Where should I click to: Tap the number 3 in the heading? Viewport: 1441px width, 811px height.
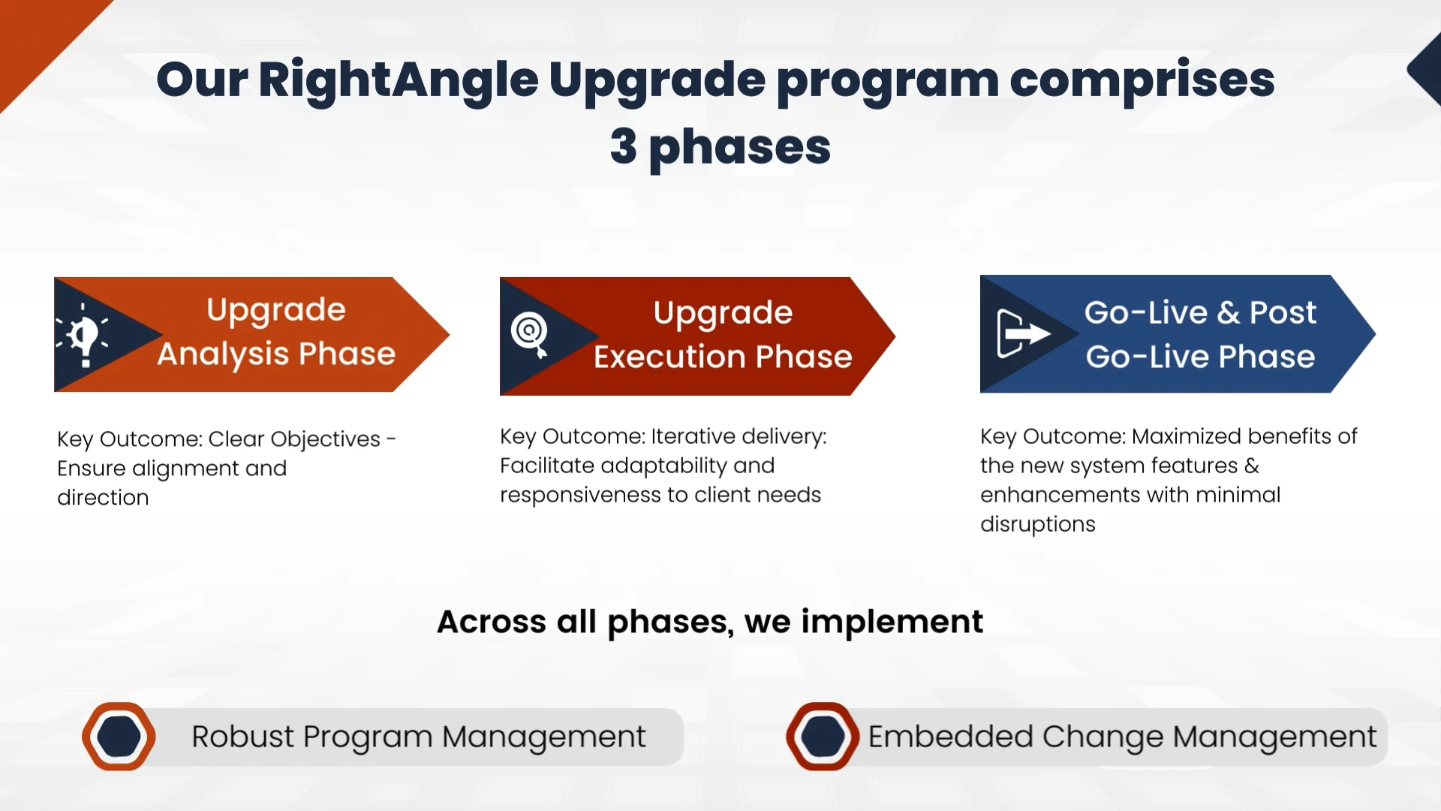[x=624, y=146]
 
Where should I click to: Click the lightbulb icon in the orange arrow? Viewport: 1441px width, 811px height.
[x=83, y=336]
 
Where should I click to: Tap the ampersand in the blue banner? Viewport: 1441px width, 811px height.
[x=1228, y=312]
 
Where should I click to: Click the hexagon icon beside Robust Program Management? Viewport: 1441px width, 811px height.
[x=119, y=737]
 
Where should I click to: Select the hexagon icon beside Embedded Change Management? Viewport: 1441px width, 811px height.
[x=823, y=737]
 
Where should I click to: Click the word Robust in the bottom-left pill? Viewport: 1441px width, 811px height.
[x=242, y=737]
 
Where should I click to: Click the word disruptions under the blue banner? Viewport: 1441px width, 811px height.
[x=1038, y=525]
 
